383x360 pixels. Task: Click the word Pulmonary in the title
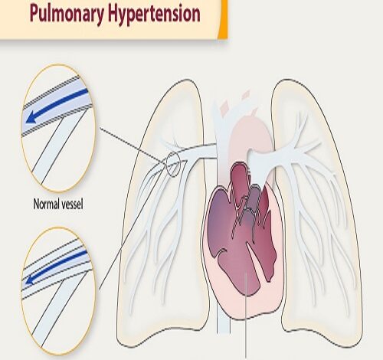pyautogui.click(x=67, y=14)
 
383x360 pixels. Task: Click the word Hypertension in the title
pyautogui.click(x=154, y=13)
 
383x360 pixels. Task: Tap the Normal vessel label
pyautogui.click(x=58, y=205)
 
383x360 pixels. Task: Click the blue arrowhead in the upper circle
pyautogui.click(x=31, y=118)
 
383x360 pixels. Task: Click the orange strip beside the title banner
pyautogui.click(x=223, y=19)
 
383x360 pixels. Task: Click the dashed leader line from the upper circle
pyautogui.click(x=133, y=145)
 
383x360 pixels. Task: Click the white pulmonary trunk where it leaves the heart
pyautogui.click(x=258, y=163)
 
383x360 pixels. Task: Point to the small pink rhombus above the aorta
pyautogui.click(x=246, y=94)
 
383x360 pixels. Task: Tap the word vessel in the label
pyautogui.click(x=71, y=205)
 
